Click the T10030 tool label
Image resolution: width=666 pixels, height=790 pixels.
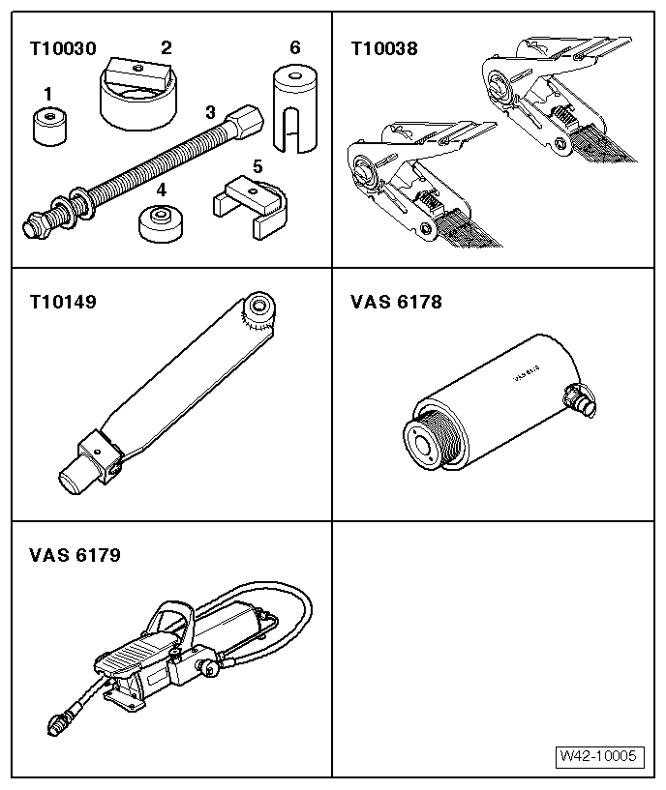pyautogui.click(x=63, y=48)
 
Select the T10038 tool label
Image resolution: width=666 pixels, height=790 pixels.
pyautogui.click(x=383, y=48)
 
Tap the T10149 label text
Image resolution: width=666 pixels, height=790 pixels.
pyautogui.click(x=63, y=302)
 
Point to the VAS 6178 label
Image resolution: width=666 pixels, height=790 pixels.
pyautogui.click(x=395, y=302)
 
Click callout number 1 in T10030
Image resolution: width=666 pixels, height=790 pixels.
pyautogui.click(x=46, y=94)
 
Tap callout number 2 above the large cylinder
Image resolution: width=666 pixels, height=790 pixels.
pyautogui.click(x=166, y=46)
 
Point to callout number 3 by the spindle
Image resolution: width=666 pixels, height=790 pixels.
pyautogui.click(x=210, y=111)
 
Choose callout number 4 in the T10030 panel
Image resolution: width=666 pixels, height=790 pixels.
pyautogui.click(x=162, y=190)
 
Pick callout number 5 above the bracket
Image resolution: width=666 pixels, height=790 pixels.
pyautogui.click(x=257, y=166)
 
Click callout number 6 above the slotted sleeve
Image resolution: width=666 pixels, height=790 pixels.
pyautogui.click(x=294, y=46)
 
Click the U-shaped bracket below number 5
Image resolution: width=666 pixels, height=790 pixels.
pyautogui.click(x=246, y=207)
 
